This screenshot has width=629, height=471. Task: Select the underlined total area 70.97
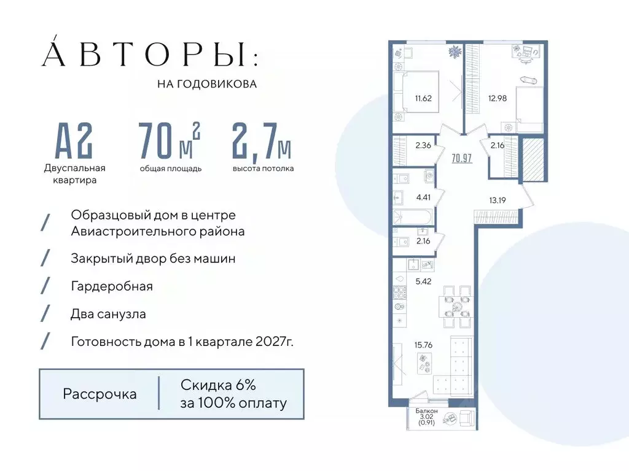click(461, 158)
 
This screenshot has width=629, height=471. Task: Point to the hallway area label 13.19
click(498, 199)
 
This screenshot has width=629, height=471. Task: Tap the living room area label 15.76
click(423, 345)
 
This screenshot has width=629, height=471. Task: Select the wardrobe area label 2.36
click(423, 146)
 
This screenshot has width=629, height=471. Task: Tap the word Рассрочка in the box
click(100, 394)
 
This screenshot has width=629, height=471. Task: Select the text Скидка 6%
click(218, 385)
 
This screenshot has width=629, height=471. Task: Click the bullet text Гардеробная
click(112, 286)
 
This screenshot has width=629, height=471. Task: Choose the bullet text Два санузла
click(109, 314)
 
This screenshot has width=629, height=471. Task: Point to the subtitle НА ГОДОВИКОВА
click(207, 84)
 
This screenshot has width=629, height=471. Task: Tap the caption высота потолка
click(263, 168)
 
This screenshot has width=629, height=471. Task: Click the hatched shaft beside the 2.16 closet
click(533, 158)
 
